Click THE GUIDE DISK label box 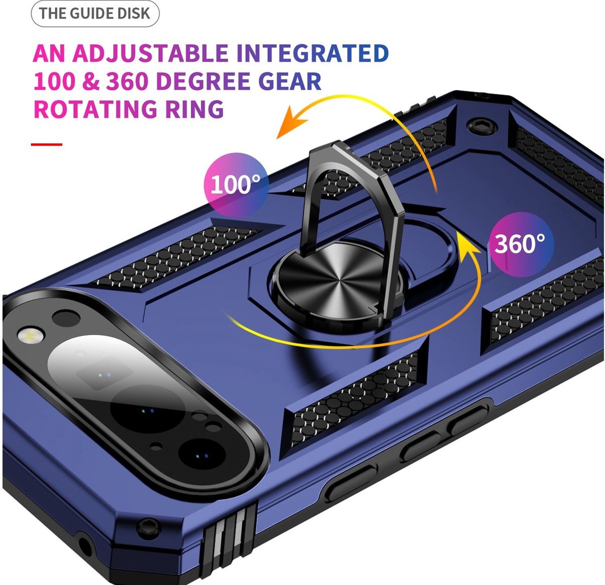(95, 14)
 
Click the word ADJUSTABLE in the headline (150, 53)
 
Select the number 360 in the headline (127, 81)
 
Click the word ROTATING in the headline (95, 108)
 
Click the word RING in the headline (194, 108)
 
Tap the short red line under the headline (46, 144)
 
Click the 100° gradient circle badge (236, 185)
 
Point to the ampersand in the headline (91, 82)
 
